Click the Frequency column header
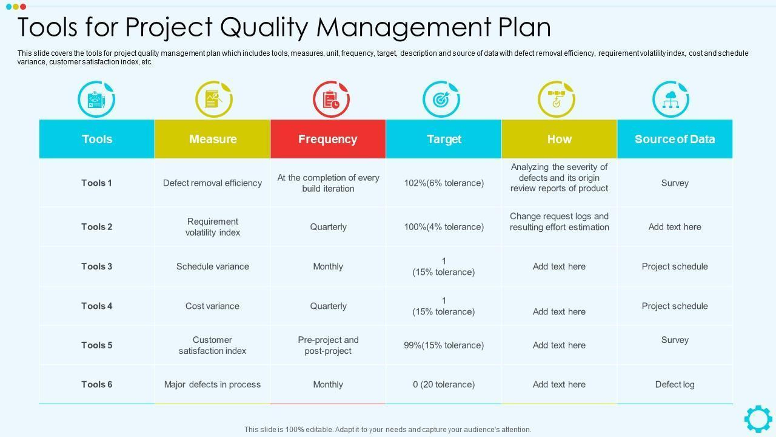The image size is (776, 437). pyautogui.click(x=327, y=139)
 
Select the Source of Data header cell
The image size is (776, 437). pyautogui.click(x=674, y=139)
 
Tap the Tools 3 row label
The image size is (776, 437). pyautogui.click(x=96, y=266)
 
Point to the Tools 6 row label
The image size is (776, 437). pyautogui.click(x=96, y=384)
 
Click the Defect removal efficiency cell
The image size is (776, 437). pyautogui.click(x=212, y=183)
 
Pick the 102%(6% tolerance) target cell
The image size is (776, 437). pyautogui.click(x=444, y=183)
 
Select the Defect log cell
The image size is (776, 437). pyautogui.click(x=674, y=384)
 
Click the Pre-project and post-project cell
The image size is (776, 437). pyautogui.click(x=328, y=345)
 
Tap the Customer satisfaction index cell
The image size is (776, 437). pyautogui.click(x=212, y=345)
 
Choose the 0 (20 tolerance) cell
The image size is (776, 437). pyautogui.click(x=444, y=384)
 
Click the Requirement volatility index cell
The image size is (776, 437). pyautogui.click(x=212, y=227)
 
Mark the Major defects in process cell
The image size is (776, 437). pyautogui.click(x=212, y=384)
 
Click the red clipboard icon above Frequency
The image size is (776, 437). pyautogui.click(x=331, y=99)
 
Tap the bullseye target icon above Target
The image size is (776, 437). pyautogui.click(x=441, y=99)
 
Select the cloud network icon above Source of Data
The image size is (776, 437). pyautogui.click(x=671, y=99)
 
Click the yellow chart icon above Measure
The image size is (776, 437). pyautogui.click(x=213, y=99)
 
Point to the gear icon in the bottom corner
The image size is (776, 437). pyautogui.click(x=758, y=419)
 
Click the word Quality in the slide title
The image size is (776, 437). pyautogui.click(x=264, y=27)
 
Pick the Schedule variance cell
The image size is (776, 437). pyautogui.click(x=212, y=266)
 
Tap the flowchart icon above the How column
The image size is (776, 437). pyautogui.click(x=556, y=99)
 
